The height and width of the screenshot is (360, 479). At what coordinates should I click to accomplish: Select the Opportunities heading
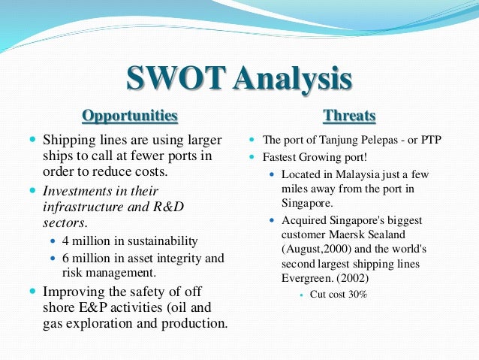tap(130, 116)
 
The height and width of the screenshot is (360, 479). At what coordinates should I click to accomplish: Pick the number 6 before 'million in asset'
tap(66, 258)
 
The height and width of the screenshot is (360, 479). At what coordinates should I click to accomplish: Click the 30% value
tap(357, 294)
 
